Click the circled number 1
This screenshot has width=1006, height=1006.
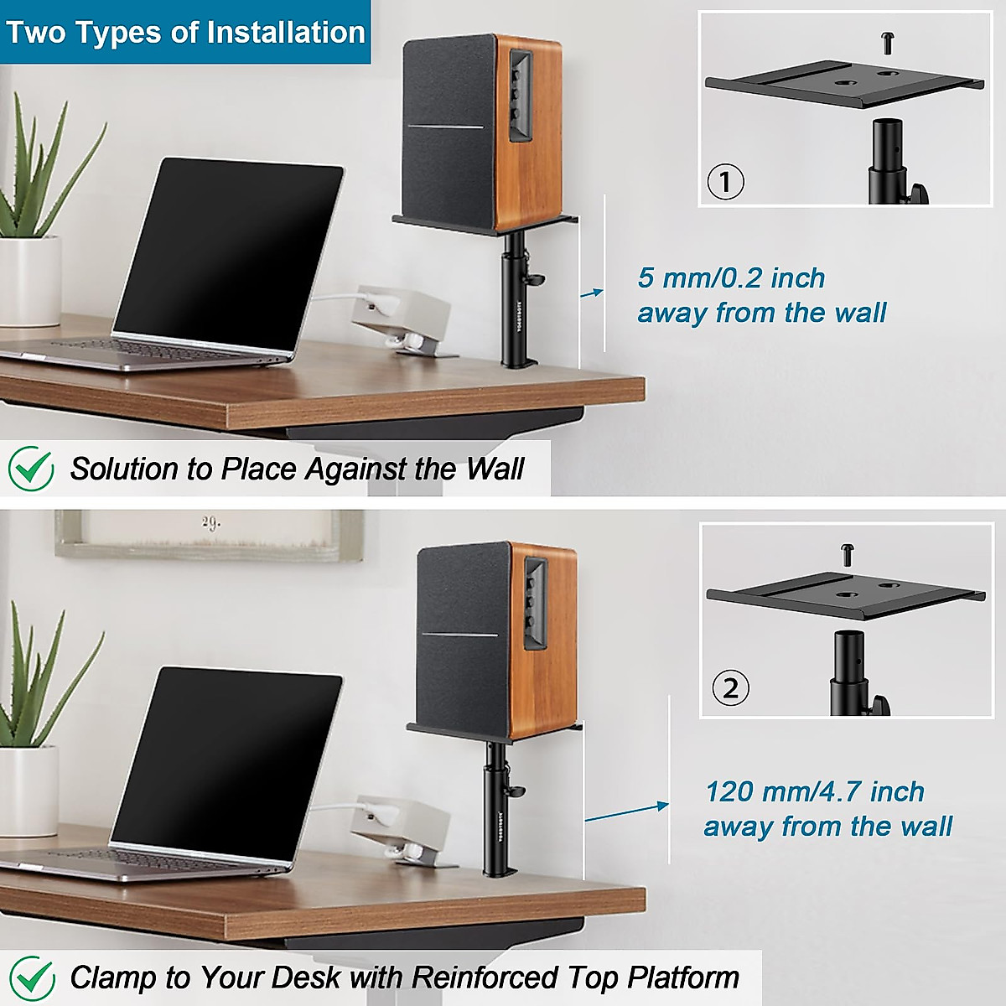[726, 182]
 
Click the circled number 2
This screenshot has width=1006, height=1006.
[730, 688]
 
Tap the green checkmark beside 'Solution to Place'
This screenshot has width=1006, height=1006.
[31, 469]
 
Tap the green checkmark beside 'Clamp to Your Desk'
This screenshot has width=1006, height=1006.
[32, 977]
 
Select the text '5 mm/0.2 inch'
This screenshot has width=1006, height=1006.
[731, 277]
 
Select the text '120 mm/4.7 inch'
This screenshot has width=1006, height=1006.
[814, 791]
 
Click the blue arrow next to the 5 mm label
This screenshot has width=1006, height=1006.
[592, 293]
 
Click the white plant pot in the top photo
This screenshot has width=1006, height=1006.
[29, 281]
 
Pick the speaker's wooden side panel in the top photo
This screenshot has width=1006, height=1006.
[520, 134]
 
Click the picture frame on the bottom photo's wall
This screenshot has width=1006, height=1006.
[210, 534]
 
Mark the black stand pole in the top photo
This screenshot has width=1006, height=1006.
[513, 310]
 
